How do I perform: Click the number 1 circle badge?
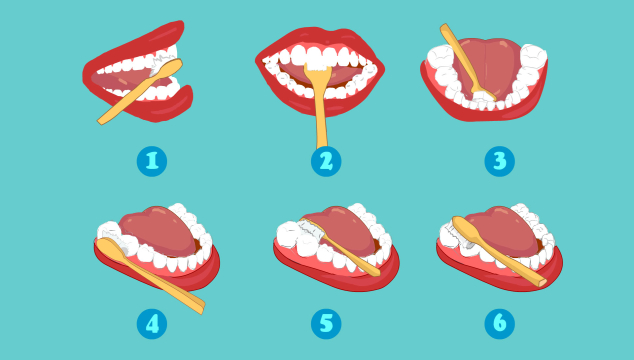point(152,161)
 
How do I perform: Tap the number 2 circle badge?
point(326,161)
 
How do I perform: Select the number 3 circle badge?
point(499,161)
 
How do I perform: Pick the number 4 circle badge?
point(152,324)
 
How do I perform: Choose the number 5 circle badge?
point(326,324)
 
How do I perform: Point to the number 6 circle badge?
point(499,324)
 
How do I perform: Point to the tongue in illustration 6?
point(505,231)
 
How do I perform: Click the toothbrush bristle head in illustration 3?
point(484,96)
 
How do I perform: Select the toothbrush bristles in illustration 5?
point(311,230)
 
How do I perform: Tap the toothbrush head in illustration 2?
point(318,69)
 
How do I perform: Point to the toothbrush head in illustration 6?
point(461,230)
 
